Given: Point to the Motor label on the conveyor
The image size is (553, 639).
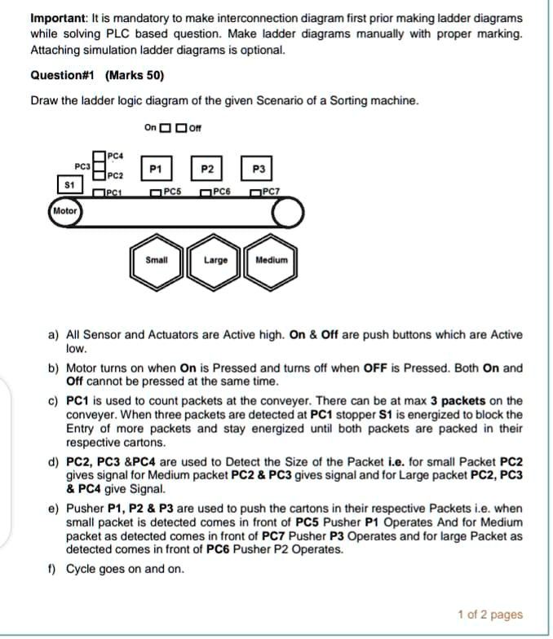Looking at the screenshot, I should click(x=64, y=210).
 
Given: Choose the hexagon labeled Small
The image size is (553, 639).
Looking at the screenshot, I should click(x=156, y=260).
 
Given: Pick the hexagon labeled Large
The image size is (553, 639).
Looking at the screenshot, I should click(x=215, y=261).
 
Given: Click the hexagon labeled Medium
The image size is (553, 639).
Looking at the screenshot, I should click(x=271, y=261).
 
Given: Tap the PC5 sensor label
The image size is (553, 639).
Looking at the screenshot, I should click(x=171, y=192).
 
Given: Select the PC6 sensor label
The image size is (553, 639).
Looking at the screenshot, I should click(x=223, y=192).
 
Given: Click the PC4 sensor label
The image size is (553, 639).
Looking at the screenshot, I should click(x=114, y=156).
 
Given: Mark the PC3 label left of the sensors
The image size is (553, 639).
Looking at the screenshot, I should click(x=82, y=165).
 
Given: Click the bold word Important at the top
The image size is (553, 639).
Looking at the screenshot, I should click(x=58, y=18).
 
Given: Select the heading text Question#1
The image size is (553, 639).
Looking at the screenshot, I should click(x=63, y=76).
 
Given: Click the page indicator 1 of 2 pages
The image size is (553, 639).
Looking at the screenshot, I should click(x=490, y=615).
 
